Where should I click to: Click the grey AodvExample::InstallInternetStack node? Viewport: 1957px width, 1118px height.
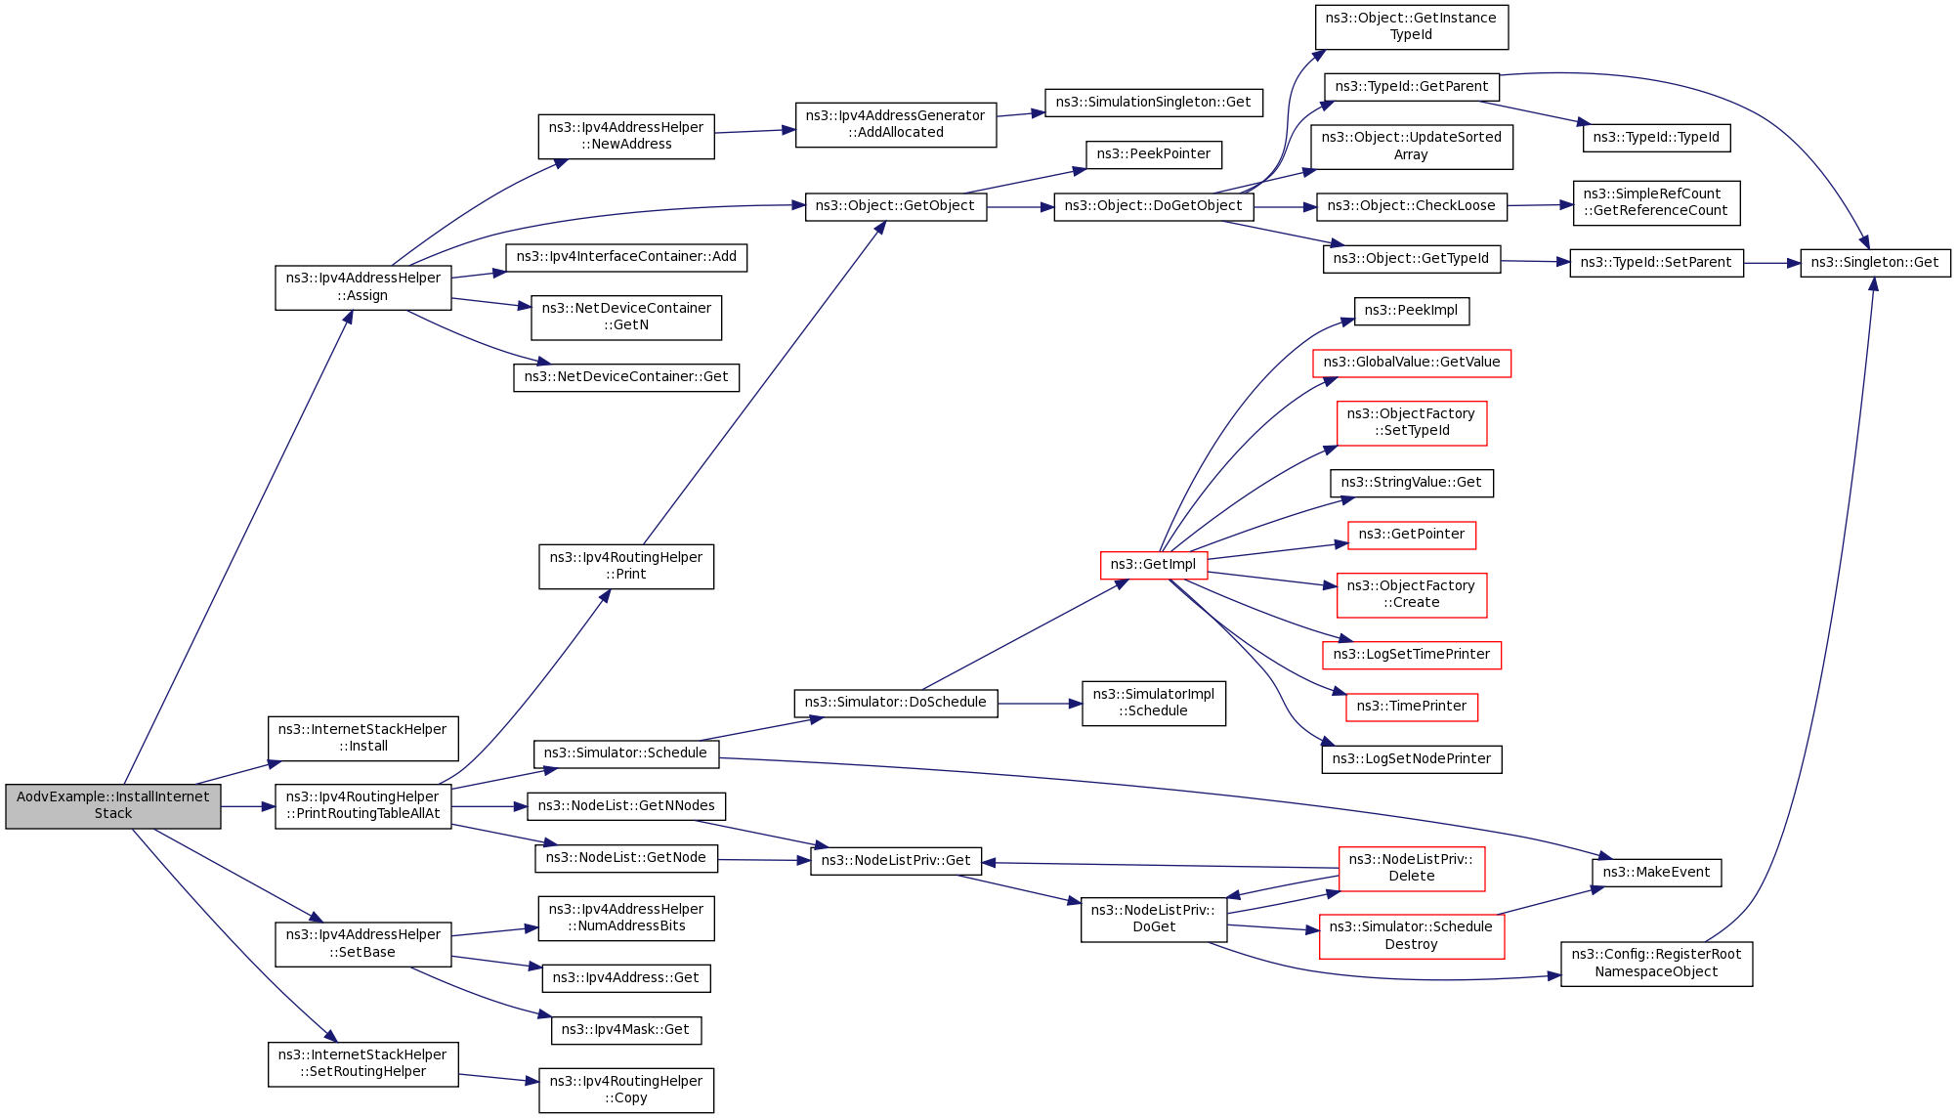(112, 805)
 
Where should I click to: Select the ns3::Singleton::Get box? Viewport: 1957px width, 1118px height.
(1874, 263)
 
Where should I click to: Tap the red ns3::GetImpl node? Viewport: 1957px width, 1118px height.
(1153, 565)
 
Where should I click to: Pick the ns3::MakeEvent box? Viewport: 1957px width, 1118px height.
(1656, 873)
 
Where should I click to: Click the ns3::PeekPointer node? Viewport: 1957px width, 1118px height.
(1153, 154)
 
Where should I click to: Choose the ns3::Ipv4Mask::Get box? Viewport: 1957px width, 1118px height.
(625, 1030)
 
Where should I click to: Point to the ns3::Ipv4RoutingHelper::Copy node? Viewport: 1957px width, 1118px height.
(625, 1090)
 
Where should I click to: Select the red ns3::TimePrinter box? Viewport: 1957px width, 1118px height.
(1411, 707)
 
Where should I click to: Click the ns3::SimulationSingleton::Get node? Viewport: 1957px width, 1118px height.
(1153, 103)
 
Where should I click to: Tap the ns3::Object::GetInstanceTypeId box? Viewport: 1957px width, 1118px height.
(1411, 26)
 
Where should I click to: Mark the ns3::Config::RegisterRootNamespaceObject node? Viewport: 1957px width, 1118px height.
(1656, 964)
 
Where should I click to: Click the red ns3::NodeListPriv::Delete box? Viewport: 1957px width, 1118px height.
(1411, 868)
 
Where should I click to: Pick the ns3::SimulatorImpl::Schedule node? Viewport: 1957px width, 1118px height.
(1153, 703)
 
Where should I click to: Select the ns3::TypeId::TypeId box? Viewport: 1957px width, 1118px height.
(1656, 138)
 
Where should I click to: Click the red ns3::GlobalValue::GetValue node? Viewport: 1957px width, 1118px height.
(1411, 363)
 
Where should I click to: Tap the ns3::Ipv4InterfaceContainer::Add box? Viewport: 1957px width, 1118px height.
(625, 257)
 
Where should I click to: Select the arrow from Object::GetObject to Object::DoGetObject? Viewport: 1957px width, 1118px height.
(1020, 207)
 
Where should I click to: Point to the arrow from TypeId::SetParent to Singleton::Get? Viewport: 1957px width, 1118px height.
(1771, 263)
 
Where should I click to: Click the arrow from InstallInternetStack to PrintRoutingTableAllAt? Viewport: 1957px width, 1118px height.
(247, 806)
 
